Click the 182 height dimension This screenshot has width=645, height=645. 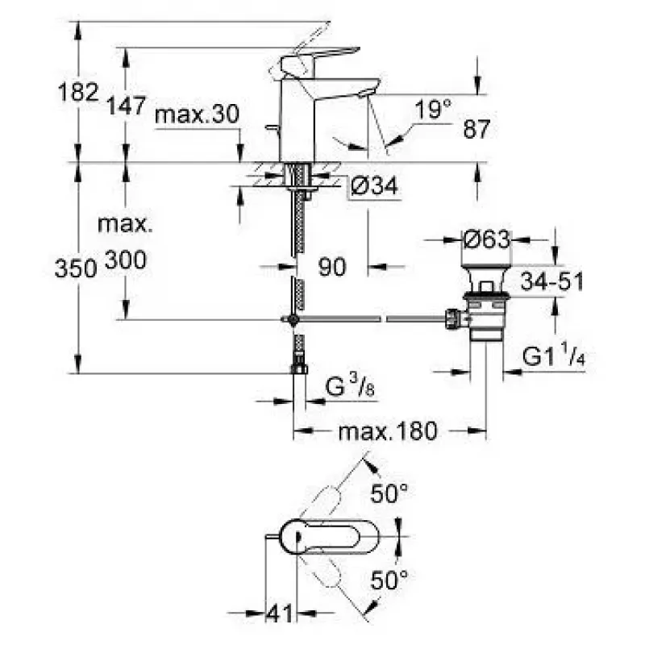pyautogui.click(x=78, y=92)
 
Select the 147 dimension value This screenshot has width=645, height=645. pyautogui.click(x=127, y=106)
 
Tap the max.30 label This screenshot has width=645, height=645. pyautogui.click(x=197, y=114)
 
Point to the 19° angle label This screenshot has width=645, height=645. pyautogui.click(x=433, y=109)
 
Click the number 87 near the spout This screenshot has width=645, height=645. pyautogui.click(x=476, y=129)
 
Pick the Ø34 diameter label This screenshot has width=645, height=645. pyautogui.click(x=374, y=185)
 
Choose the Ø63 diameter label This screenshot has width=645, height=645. pyautogui.click(x=487, y=239)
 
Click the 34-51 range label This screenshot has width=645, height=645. pyautogui.click(x=552, y=281)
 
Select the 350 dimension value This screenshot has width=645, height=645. pyautogui.click(x=76, y=268)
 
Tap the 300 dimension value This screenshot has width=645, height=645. pyautogui.click(x=126, y=260)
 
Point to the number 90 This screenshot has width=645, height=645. pyautogui.click(x=332, y=267)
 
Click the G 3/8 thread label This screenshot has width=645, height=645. pyautogui.click(x=350, y=387)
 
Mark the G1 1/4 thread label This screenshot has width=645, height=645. pyautogui.click(x=554, y=356)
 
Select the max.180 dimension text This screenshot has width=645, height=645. pyautogui.click(x=388, y=431)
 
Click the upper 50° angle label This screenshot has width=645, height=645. pyautogui.click(x=389, y=493)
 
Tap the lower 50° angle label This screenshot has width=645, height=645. pyautogui.click(x=389, y=580)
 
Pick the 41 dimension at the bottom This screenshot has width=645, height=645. pyautogui.click(x=280, y=614)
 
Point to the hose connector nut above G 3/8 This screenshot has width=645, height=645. pyautogui.click(x=299, y=368)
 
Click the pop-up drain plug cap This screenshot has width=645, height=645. pyautogui.click(x=486, y=277)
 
